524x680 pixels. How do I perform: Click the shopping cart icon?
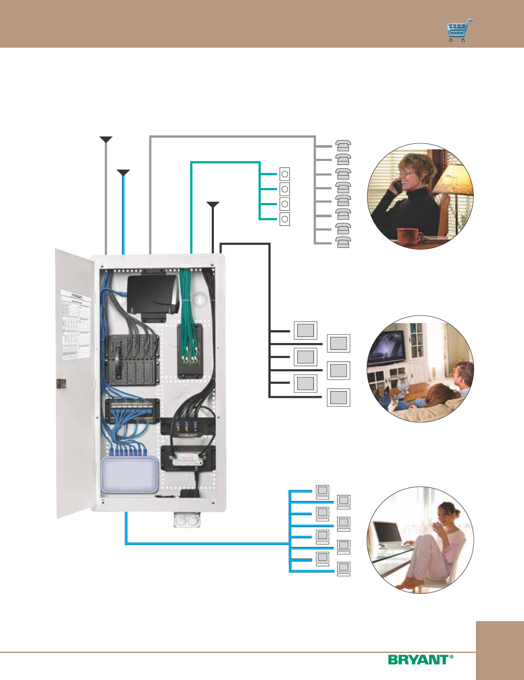pyautogui.click(x=459, y=31)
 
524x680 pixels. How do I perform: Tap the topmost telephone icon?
pyautogui.click(x=343, y=146)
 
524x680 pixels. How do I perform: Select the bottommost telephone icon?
pyautogui.click(x=343, y=242)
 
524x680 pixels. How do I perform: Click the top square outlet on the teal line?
pyautogui.click(x=284, y=174)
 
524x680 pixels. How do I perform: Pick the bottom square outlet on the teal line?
pyautogui.click(x=284, y=219)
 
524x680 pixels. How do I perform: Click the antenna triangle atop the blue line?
pyautogui.click(x=123, y=173)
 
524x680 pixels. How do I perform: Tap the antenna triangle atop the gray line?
pyautogui.click(x=106, y=139)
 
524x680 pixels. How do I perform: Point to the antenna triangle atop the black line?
pyautogui.click(x=213, y=204)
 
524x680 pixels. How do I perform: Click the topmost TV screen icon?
pyautogui.click(x=305, y=330)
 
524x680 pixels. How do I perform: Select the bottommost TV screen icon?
pyautogui.click(x=338, y=397)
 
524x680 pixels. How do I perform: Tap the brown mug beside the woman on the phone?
pyautogui.click(x=408, y=236)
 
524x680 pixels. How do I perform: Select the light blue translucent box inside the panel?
pyautogui.click(x=129, y=474)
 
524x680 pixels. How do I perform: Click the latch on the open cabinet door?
pyautogui.click(x=61, y=383)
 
